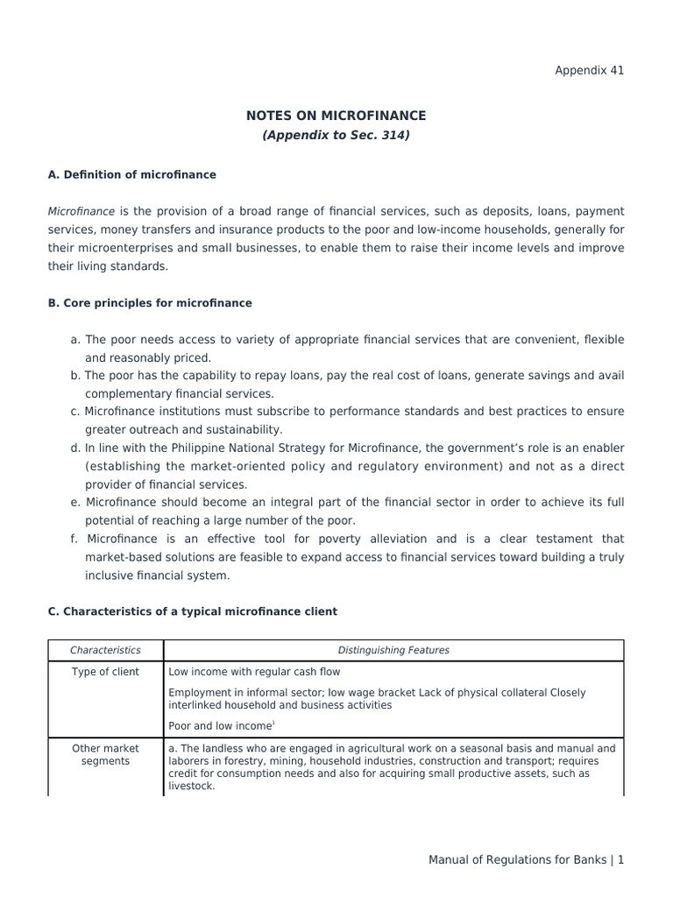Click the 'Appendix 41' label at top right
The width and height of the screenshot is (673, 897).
click(x=589, y=70)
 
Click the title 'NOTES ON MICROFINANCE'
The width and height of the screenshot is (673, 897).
click(x=336, y=116)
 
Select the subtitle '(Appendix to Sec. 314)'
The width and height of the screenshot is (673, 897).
click(x=336, y=136)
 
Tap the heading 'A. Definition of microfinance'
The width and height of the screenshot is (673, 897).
click(x=131, y=174)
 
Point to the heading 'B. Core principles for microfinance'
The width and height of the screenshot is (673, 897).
click(x=150, y=303)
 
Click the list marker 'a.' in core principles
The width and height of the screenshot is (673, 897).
click(x=75, y=339)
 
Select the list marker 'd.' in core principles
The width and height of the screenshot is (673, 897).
click(x=75, y=448)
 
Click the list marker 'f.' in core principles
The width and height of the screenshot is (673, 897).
click(x=74, y=539)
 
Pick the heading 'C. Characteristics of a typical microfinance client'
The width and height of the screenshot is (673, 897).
click(x=192, y=611)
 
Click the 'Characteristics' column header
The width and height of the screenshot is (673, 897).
click(x=105, y=650)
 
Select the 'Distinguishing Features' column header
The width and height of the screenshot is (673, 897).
click(x=393, y=650)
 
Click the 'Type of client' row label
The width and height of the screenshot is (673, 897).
click(x=105, y=672)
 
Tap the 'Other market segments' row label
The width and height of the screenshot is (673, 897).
click(x=105, y=755)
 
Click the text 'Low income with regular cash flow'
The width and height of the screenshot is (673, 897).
click(x=254, y=672)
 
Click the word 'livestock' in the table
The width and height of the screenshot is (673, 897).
click(x=190, y=787)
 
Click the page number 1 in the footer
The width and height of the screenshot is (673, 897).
click(x=620, y=860)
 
